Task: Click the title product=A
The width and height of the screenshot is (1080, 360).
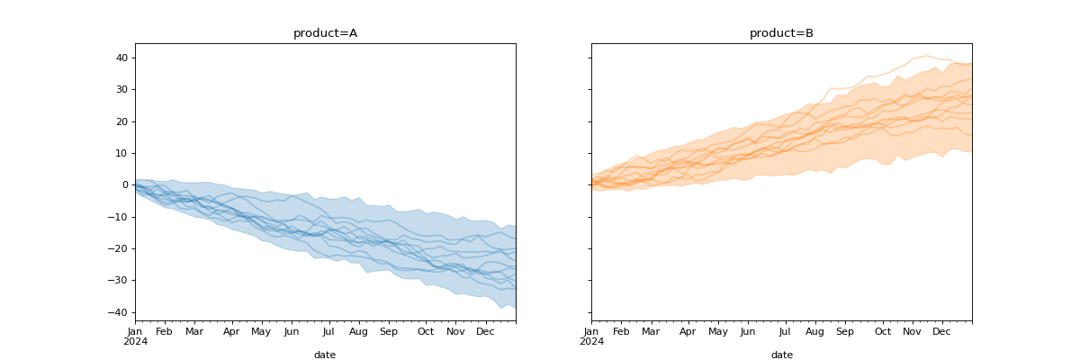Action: pos(325,33)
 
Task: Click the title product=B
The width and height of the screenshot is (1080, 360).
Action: pos(781,33)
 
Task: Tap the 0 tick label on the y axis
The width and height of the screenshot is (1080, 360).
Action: pos(126,185)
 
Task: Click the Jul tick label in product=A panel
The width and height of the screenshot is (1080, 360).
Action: pos(328,332)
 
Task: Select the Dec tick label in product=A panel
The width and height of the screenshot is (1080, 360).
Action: pos(485,332)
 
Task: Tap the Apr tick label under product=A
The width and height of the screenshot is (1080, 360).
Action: pos(231,332)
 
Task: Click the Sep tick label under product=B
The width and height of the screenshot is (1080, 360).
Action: pos(844,332)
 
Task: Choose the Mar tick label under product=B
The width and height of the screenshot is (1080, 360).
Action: pos(651,332)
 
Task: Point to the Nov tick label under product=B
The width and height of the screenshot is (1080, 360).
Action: pos(912,332)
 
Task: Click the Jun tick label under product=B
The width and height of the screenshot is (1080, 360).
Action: pos(747,332)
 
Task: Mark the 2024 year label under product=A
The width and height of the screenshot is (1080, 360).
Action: pos(135,342)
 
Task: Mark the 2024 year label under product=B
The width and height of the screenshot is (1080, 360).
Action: pos(591,342)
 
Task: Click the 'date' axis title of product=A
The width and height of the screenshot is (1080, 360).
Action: pos(325,355)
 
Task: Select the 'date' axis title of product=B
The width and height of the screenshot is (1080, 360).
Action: pos(781,355)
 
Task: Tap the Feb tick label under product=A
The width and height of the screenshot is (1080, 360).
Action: pos(164,332)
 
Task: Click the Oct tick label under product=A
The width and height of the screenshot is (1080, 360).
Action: pos(427,332)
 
